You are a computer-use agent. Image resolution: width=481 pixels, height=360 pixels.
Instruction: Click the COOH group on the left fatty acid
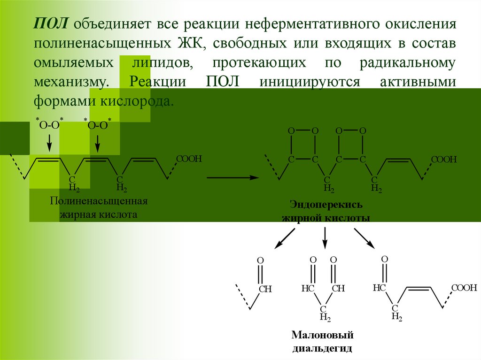tap(189, 159)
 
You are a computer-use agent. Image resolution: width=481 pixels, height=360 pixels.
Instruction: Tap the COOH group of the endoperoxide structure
tap(444, 160)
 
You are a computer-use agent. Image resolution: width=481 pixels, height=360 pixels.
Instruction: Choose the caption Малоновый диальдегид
tap(322, 342)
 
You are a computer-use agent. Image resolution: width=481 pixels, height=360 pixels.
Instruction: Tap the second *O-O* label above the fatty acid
tap(97, 124)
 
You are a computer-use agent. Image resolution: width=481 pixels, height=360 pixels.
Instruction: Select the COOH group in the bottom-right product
tap(465, 288)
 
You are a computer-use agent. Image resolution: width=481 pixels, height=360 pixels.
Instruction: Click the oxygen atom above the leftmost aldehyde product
tap(260, 260)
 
